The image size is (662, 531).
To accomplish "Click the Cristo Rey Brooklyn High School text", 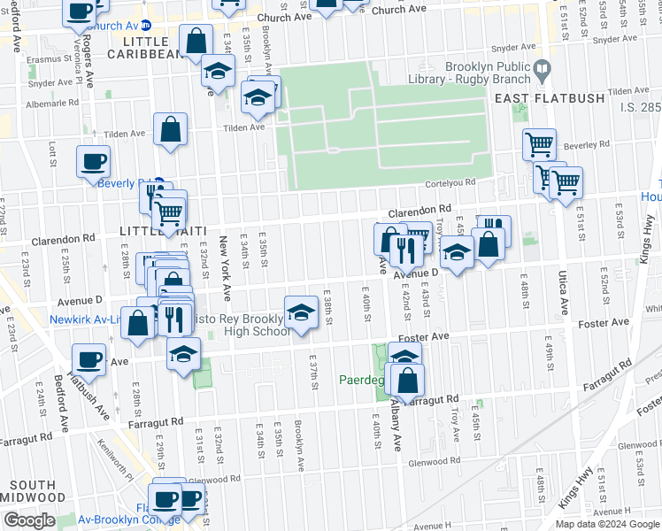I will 240,325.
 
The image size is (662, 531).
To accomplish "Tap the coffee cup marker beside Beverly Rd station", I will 92,162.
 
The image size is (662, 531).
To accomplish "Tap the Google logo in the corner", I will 29,520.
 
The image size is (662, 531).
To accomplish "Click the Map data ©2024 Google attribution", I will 607,524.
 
